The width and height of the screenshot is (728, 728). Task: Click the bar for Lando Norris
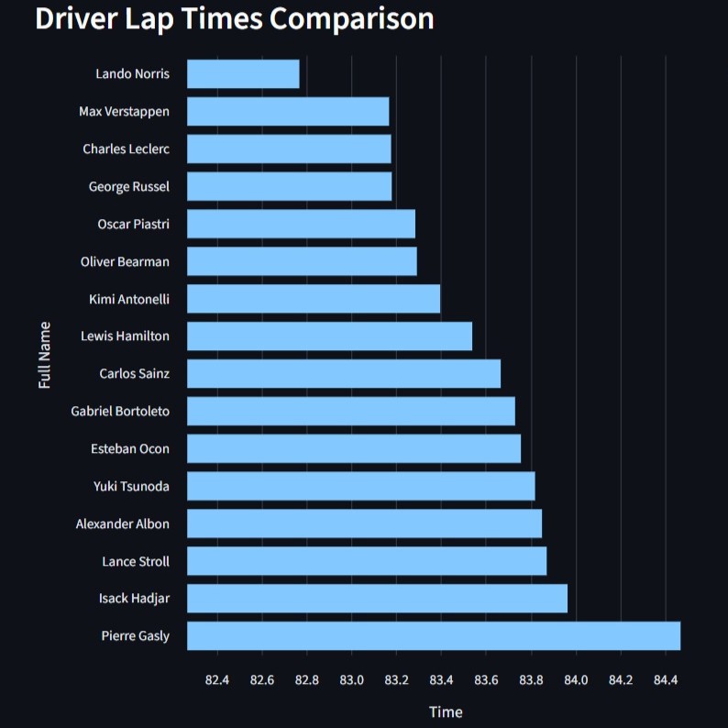click(x=243, y=73)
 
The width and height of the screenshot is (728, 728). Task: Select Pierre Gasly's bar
click(x=433, y=635)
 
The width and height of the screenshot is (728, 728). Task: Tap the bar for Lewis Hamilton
click(x=329, y=336)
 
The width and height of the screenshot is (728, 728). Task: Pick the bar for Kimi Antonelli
click(x=313, y=299)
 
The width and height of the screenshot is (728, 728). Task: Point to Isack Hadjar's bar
click(x=377, y=598)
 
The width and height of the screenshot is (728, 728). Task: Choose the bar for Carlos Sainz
click(x=344, y=373)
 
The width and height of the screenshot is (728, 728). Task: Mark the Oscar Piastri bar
click(x=301, y=224)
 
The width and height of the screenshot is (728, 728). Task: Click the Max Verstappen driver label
click(x=124, y=112)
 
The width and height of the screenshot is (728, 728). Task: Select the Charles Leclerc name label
click(x=126, y=149)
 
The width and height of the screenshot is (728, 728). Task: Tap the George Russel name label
click(x=128, y=186)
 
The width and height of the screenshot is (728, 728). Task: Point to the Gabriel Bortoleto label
click(x=120, y=411)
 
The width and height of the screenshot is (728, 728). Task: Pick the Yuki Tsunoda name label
click(x=131, y=486)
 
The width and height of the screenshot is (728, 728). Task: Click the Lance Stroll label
click(x=136, y=561)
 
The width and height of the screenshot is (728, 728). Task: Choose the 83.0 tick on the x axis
click(x=351, y=679)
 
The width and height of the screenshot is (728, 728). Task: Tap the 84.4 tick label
click(x=666, y=679)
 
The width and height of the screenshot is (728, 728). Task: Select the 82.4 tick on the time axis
click(x=217, y=679)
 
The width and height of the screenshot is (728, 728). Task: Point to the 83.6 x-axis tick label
click(x=486, y=679)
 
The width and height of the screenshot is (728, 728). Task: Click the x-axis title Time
click(x=446, y=711)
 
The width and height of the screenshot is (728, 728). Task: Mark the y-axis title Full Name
click(x=45, y=355)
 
